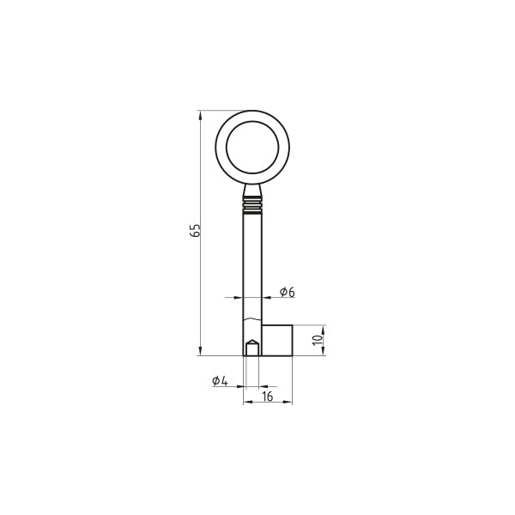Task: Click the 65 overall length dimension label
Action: tap(195, 231)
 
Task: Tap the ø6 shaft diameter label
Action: tap(288, 292)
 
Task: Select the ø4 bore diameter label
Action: tap(220, 381)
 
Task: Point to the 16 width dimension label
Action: tap(268, 397)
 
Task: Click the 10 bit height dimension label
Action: tap(318, 340)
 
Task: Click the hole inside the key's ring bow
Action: tap(252, 147)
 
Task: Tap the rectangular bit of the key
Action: tap(277, 340)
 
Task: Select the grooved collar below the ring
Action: tap(252, 206)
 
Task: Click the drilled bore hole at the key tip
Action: tap(252, 348)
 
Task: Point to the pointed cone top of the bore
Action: tap(252, 342)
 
